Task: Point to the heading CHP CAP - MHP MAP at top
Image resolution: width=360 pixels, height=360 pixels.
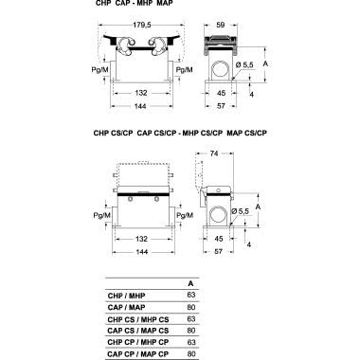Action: (134, 6)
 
